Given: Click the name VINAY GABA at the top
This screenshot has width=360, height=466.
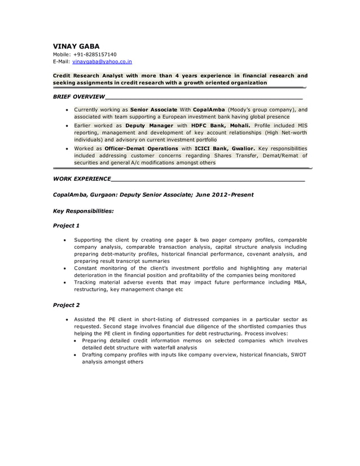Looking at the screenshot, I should point(76,46).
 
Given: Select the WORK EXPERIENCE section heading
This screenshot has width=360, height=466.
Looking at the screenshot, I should point(81,179).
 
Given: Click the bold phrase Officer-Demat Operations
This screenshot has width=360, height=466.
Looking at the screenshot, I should point(142,148).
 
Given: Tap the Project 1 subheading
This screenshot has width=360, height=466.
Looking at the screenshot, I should point(66,226).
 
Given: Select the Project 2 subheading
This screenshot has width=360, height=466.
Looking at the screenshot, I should point(66,305).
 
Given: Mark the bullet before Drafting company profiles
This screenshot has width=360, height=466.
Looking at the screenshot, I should point(75,355).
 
